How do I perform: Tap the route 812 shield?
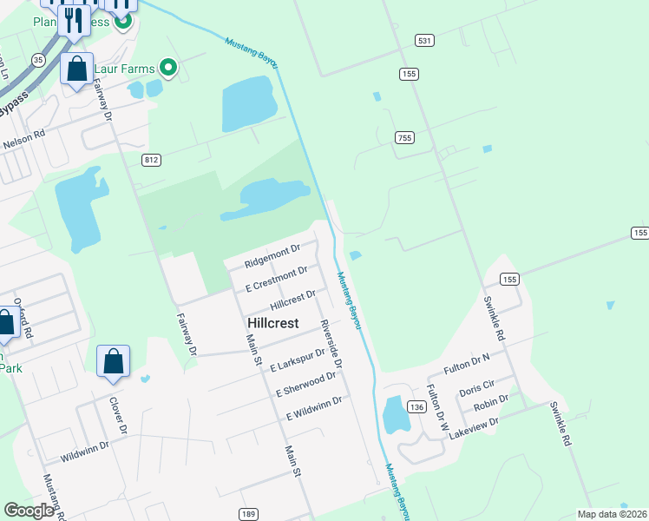153,159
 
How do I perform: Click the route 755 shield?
404,138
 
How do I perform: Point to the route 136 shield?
416,406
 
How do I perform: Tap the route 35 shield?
36,59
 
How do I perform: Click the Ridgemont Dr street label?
272,254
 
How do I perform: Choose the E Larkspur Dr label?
296,359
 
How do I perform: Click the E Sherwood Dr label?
305,385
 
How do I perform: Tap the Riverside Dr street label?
331,343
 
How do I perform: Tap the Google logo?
29,511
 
